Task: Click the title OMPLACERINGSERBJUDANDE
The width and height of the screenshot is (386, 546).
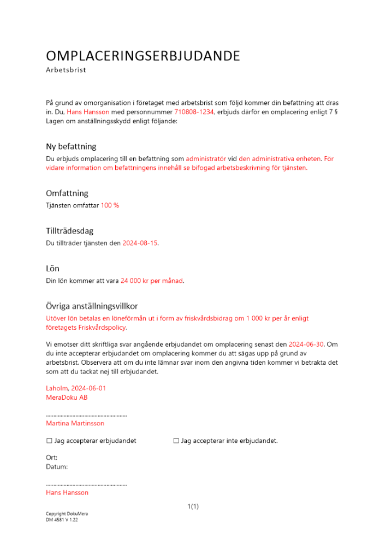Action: (x=143, y=56)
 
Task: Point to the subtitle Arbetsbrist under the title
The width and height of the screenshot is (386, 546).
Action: (x=66, y=70)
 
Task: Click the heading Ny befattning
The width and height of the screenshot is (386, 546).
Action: (x=71, y=146)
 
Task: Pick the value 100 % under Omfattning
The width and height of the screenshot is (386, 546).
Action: (x=110, y=205)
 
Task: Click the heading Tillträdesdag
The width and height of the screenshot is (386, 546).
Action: (x=69, y=231)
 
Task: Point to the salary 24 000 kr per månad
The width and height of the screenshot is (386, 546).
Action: (x=152, y=281)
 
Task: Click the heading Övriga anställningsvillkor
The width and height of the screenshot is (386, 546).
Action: (x=96, y=306)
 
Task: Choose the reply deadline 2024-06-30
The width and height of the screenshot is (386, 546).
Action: (x=306, y=345)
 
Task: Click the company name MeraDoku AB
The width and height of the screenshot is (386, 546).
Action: (x=67, y=397)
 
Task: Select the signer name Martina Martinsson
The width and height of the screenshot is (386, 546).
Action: (x=75, y=423)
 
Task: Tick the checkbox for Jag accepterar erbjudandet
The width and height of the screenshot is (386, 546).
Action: (x=49, y=441)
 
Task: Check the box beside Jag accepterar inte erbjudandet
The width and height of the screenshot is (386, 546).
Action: (x=176, y=441)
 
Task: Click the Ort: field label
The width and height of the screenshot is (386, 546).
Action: (x=52, y=458)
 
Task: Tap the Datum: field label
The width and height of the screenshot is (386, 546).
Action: (x=57, y=467)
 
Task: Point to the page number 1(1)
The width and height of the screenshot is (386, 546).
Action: (x=193, y=507)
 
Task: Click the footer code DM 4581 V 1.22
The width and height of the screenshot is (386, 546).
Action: (x=62, y=520)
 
